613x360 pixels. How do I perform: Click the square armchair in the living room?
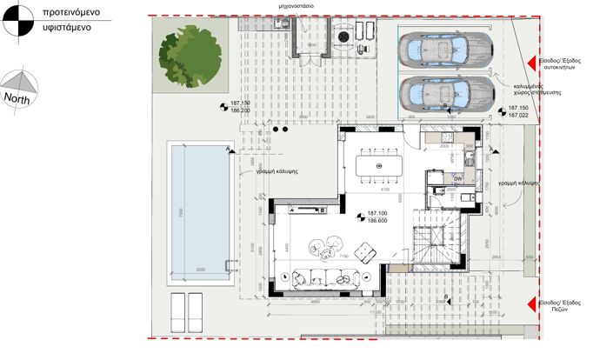tap(366, 253)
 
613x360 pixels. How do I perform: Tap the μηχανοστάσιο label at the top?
tap(296, 5)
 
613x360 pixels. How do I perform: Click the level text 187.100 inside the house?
tap(376, 214)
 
